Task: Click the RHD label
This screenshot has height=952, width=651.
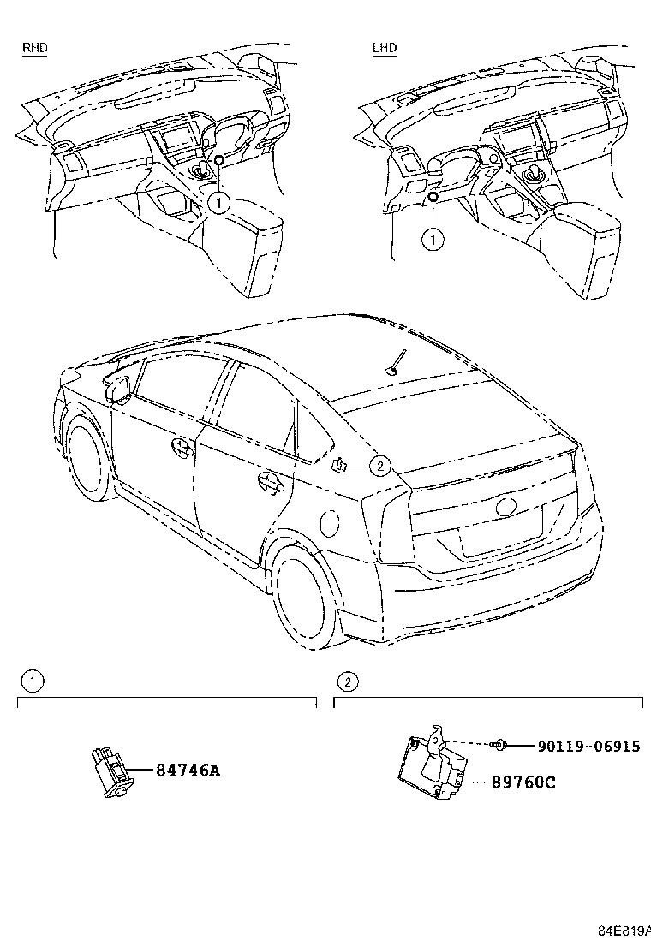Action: click(34, 48)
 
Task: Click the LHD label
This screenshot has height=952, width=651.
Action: click(385, 48)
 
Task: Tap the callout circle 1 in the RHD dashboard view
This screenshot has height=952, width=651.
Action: click(219, 203)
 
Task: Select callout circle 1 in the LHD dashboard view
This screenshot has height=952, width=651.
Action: click(433, 240)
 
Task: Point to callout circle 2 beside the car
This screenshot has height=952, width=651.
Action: click(379, 465)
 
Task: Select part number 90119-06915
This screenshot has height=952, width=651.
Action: click(588, 747)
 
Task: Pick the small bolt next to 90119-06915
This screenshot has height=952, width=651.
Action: click(501, 747)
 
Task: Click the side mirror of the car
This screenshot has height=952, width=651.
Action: click(118, 387)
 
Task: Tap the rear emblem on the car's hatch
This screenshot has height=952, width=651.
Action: click(506, 507)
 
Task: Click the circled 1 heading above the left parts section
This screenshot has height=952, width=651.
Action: click(32, 681)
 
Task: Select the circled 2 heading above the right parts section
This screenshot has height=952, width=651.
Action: click(347, 681)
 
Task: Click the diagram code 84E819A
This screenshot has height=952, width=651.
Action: click(623, 931)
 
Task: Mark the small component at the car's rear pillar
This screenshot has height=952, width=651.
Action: click(339, 465)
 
